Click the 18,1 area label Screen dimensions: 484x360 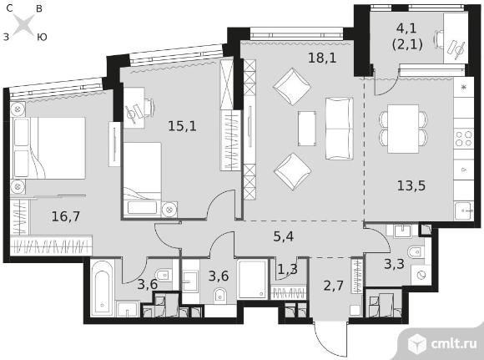click(322, 58)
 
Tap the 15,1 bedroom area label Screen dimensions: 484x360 click(182, 126)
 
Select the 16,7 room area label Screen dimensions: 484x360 click(65, 216)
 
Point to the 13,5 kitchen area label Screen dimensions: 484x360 click(411, 185)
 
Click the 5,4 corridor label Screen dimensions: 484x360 click(284, 236)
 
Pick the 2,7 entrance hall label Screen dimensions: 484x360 click(333, 285)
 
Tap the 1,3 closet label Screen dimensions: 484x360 click(287, 269)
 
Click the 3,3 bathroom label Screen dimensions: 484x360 click(394, 264)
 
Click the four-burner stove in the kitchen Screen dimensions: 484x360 click(464, 138)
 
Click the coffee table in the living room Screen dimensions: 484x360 click(307, 129)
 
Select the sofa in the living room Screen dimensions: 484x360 click(340, 129)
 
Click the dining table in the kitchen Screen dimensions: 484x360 click(403, 129)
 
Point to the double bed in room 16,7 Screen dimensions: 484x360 click(48, 148)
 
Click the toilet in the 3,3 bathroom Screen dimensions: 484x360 click(415, 252)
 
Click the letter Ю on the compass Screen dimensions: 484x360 click(42, 37)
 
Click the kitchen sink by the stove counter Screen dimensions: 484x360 click(464, 210)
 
